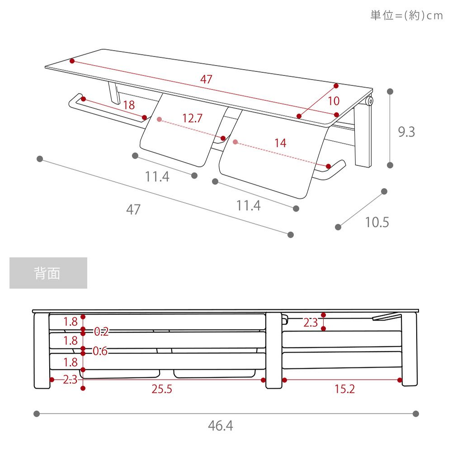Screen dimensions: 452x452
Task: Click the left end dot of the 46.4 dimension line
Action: click(37, 414)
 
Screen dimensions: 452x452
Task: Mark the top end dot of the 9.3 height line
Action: click(390, 92)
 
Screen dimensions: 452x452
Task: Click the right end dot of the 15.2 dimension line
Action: click(400, 380)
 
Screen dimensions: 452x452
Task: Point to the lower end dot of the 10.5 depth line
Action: click(338, 227)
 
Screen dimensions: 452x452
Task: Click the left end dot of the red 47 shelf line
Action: click(72, 61)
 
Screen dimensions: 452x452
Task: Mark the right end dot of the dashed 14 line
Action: click(328, 166)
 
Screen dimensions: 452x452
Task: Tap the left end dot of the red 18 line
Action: click(83, 99)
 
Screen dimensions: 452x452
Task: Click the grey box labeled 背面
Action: click(48, 273)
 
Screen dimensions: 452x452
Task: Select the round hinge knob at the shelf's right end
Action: click(370, 101)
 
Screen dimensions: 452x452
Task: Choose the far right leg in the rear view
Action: click(410, 349)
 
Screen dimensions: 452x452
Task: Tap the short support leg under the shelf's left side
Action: click(114, 93)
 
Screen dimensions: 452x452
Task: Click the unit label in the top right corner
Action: click(406, 15)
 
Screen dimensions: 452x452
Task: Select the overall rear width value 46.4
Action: click(221, 426)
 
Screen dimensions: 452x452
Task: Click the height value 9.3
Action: click(406, 132)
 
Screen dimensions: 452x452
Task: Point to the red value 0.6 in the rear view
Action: click(100, 351)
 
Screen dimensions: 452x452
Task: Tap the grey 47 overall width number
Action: click(133, 210)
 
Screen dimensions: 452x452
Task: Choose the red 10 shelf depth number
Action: click(334, 101)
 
